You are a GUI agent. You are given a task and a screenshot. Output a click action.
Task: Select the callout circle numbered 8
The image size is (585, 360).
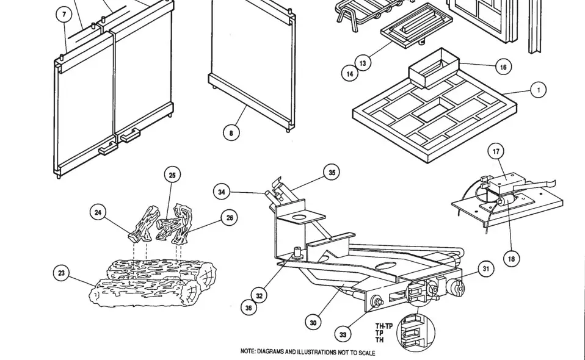(231, 132)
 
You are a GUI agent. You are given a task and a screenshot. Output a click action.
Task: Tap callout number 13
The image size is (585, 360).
(363, 63)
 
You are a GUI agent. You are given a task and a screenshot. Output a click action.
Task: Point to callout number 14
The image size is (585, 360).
(349, 74)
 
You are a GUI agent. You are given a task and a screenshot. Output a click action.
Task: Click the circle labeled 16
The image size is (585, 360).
(503, 67)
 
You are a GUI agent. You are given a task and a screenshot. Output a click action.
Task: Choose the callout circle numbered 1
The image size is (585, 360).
(538, 90)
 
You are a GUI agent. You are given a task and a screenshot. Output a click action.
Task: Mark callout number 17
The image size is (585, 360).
(496, 151)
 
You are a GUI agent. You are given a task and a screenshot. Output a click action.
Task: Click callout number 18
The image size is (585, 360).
(511, 259)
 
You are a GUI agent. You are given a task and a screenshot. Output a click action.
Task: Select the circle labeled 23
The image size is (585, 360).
(61, 273)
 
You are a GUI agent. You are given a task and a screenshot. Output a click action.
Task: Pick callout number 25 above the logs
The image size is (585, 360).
(172, 175)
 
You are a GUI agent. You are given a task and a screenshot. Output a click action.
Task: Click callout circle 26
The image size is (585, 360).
(229, 218)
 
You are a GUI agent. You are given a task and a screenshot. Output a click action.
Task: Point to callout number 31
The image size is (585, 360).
(485, 268)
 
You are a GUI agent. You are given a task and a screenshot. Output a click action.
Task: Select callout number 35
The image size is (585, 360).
(332, 173)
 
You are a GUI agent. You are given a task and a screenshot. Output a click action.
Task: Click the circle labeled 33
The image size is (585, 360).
(343, 334)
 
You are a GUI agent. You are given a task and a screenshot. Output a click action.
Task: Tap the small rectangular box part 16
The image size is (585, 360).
(435, 69)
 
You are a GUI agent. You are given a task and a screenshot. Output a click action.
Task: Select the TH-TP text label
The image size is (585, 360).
(383, 326)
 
